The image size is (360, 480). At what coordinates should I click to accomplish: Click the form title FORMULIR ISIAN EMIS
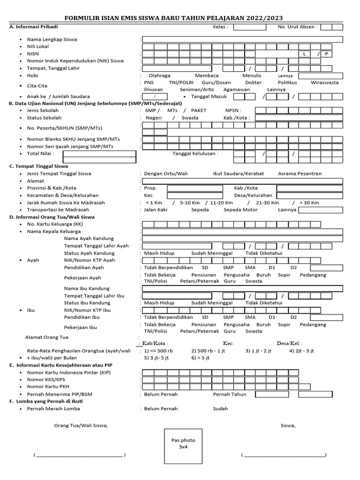point(180,18)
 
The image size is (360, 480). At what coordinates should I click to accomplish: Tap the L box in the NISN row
point(305,54)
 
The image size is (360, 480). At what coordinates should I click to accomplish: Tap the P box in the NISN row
point(325,54)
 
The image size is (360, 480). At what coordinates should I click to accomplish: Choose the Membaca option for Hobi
point(207,75)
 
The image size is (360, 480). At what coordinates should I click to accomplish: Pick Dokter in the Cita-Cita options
point(254,82)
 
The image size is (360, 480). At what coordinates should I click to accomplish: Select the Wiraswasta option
point(324,82)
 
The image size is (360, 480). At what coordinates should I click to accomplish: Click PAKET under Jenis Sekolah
point(198,110)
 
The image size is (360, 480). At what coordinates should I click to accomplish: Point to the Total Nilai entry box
point(109,154)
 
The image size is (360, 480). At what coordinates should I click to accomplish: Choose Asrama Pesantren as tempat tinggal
point(300,173)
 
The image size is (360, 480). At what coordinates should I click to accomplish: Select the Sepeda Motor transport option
point(240,210)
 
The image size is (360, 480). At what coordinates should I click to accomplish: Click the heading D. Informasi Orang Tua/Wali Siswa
point(52,217)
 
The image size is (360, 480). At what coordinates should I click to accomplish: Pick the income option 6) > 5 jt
point(200,357)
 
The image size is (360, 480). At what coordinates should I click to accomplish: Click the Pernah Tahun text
point(229,394)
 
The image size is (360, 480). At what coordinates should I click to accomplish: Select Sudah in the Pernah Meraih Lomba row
point(220,408)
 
